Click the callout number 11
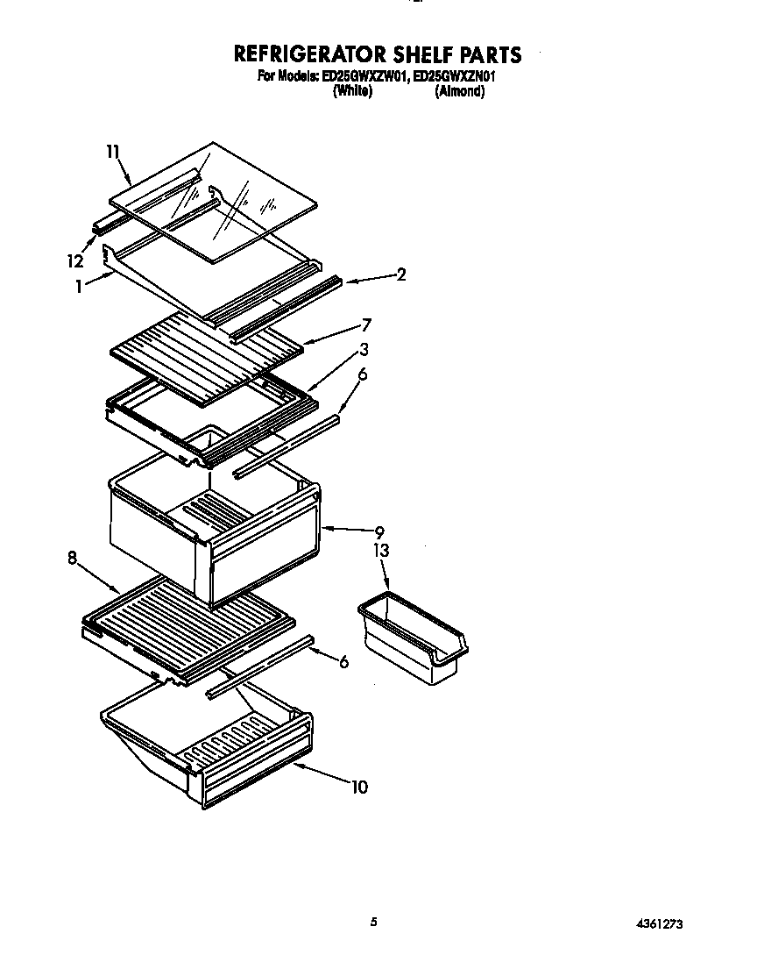tap(112, 153)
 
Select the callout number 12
tap(74, 260)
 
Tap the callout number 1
tap(80, 285)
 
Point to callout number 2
tap(400, 274)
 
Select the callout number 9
tap(379, 531)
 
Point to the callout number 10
tap(359, 787)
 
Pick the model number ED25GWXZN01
tap(455, 77)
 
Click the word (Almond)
tap(459, 91)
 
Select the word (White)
tap(352, 91)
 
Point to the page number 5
tap(374, 922)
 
